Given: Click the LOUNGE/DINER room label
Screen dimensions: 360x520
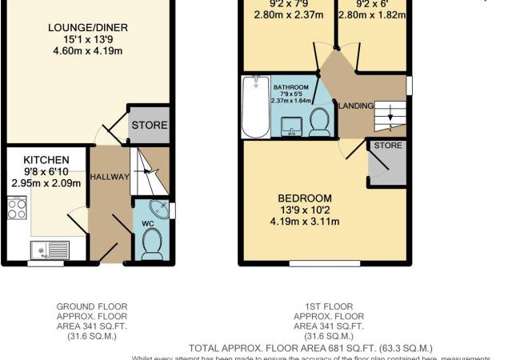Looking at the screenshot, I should tap(87, 28).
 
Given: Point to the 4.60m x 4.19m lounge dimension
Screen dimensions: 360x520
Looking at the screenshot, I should tap(87, 52).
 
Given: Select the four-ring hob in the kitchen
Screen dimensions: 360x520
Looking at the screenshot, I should tap(17, 208).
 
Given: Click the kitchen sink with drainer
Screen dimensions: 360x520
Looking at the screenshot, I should tap(49, 251).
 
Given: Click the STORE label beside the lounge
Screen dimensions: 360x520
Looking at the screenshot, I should tap(149, 125).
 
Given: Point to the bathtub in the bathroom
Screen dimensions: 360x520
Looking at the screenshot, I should tap(256, 106).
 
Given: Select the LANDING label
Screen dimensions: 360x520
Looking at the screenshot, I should tap(355, 106).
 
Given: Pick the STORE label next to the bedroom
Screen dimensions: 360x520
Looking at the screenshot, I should tap(387, 146).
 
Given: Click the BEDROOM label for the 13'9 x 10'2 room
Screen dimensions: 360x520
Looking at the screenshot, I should tap(304, 198).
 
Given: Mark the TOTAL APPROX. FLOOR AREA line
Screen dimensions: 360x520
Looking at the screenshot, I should tap(310, 348).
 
